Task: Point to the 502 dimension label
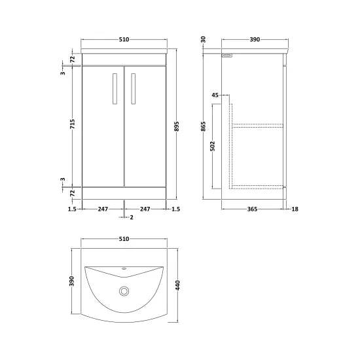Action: pyautogui.click(x=213, y=144)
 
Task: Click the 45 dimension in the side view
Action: pyautogui.click(x=215, y=96)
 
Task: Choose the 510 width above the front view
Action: pyautogui.click(x=124, y=40)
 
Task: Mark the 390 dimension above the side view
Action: pyautogui.click(x=255, y=40)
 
